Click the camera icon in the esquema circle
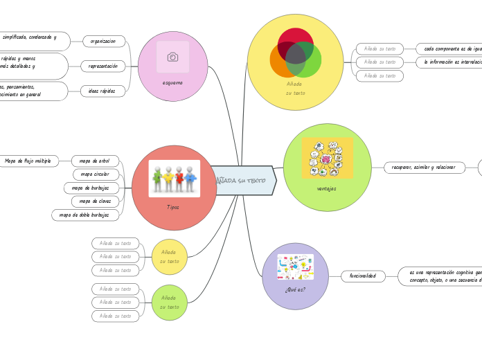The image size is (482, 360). pyautogui.click(x=172, y=57)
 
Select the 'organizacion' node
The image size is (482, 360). pyautogui.click(x=103, y=42)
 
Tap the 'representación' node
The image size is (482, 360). pyautogui.click(x=103, y=66)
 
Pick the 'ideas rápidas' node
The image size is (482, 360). pyautogui.click(x=103, y=91)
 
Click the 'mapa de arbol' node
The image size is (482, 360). pyautogui.click(x=95, y=161)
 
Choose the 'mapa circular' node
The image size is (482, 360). pyautogui.click(x=95, y=174)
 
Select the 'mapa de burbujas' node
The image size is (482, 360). pyautogui.click(x=91, y=188)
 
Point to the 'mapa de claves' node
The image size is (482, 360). pyautogui.click(x=95, y=201)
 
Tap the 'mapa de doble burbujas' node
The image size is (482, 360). pyautogui.click(x=84, y=215)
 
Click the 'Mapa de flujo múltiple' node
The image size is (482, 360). pyautogui.click(x=28, y=161)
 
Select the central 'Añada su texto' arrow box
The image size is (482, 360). pyautogui.click(x=242, y=180)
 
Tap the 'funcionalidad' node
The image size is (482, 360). pyautogui.click(x=363, y=276)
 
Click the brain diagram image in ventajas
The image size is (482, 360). pyautogui.click(x=327, y=158)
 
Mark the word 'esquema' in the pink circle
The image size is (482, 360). pyautogui.click(x=172, y=83)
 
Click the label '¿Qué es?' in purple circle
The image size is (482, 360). pyautogui.click(x=295, y=289)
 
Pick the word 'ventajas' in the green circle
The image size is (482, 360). pyautogui.click(x=327, y=188)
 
